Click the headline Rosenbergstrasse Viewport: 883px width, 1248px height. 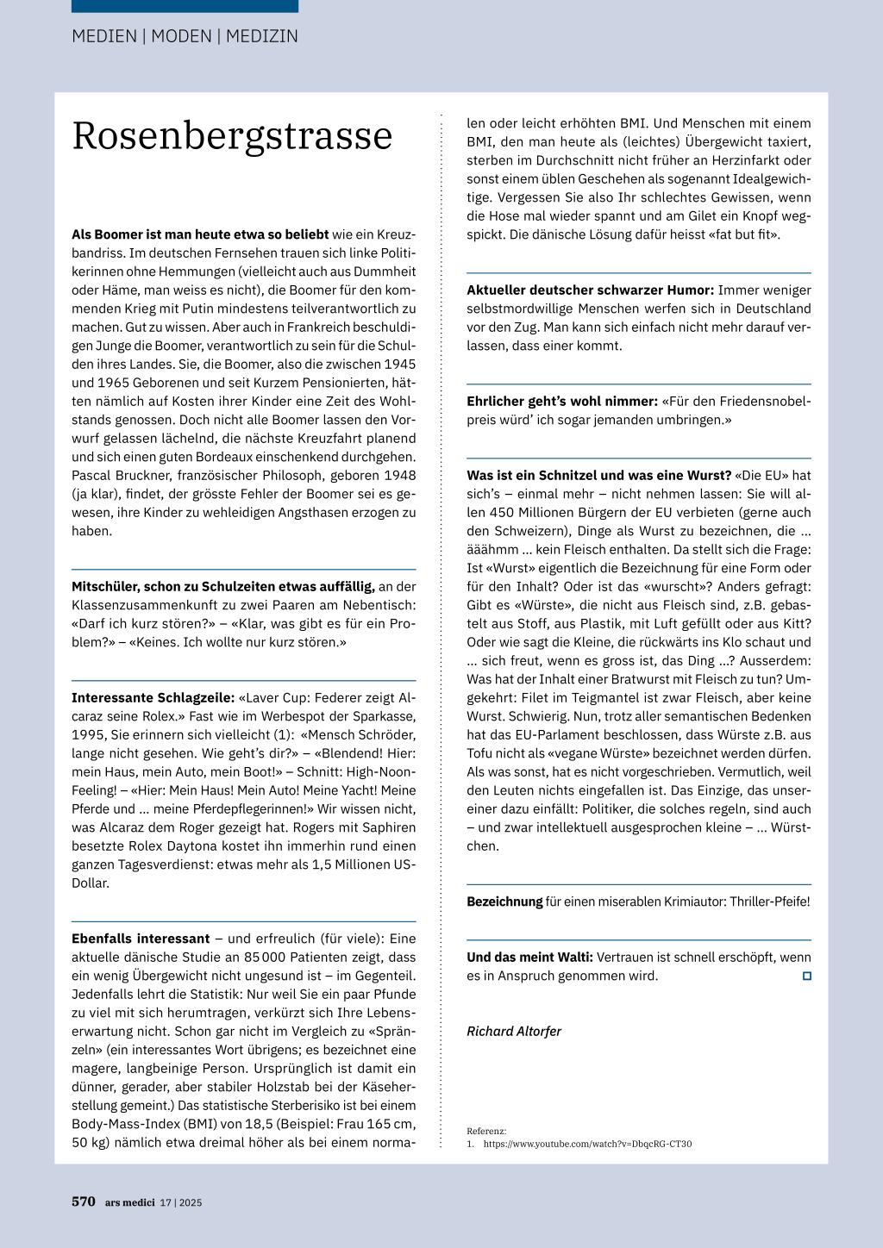232,136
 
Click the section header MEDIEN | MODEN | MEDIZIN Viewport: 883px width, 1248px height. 185,36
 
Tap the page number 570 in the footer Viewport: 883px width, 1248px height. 84,1201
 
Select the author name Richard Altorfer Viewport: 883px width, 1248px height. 514,1031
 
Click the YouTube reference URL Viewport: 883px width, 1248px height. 587,1144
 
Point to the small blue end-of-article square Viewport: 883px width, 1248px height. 807,976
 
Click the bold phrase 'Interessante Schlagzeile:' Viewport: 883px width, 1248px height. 153,697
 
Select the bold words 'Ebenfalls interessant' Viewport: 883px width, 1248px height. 141,939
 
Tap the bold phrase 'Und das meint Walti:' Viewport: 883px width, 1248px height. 529,957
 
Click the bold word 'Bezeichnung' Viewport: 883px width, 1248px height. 504,902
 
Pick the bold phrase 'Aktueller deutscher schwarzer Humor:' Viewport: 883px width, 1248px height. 590,290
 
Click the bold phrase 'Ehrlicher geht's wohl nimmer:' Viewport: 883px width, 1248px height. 562,401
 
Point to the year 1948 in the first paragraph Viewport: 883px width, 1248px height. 399,475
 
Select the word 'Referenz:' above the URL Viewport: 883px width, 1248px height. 486,1131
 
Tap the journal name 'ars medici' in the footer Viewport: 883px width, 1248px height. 130,1202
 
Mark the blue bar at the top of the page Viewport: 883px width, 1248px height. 185,6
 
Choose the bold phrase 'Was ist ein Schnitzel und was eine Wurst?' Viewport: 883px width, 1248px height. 598,475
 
